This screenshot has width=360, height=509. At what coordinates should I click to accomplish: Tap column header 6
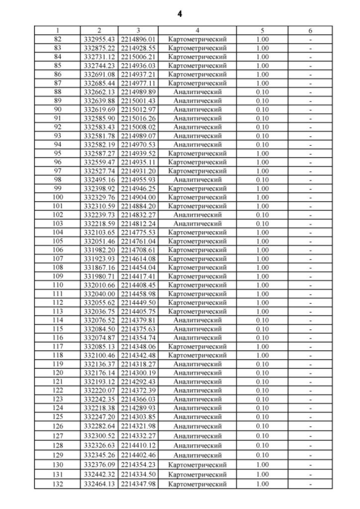tap(310, 31)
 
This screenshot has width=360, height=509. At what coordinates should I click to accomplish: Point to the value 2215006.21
tap(138, 57)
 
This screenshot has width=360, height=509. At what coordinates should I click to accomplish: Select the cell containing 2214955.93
tap(138, 179)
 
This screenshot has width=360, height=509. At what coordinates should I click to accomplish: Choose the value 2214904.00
tap(138, 197)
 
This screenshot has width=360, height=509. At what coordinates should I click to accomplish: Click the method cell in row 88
tap(197, 92)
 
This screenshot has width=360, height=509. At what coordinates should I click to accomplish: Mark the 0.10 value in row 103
tap(262, 223)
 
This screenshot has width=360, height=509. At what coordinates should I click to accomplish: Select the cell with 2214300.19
tap(138, 372)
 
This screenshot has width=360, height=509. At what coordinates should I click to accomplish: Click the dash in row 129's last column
tap(310, 455)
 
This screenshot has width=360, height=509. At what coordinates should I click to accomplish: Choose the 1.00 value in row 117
tap(262, 346)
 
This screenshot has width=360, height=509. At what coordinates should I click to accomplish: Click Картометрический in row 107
tap(197, 259)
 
